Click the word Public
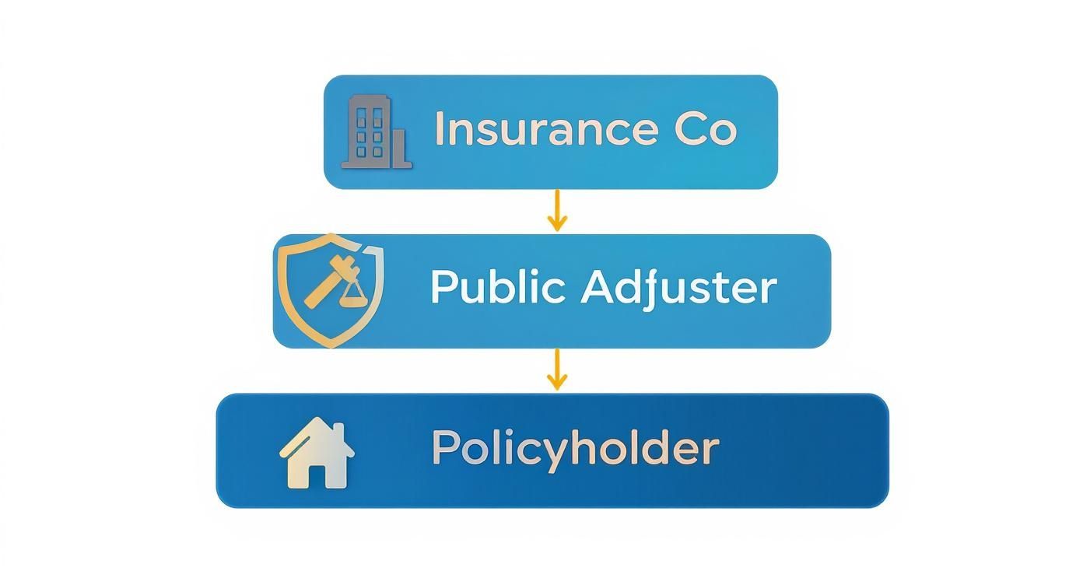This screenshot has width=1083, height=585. click(x=497, y=287)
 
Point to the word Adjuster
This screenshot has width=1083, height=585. click(x=678, y=289)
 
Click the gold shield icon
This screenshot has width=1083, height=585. click(x=331, y=289)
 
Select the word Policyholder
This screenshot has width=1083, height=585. click(x=575, y=449)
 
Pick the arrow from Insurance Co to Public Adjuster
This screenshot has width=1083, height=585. click(x=556, y=211)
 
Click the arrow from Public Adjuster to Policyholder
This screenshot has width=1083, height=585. click(x=556, y=370)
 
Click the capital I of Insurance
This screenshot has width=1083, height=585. click(x=440, y=129)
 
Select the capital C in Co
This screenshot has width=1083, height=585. click(x=689, y=129)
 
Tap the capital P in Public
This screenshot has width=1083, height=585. click(x=443, y=287)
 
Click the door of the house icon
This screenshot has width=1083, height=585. click(x=318, y=475)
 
